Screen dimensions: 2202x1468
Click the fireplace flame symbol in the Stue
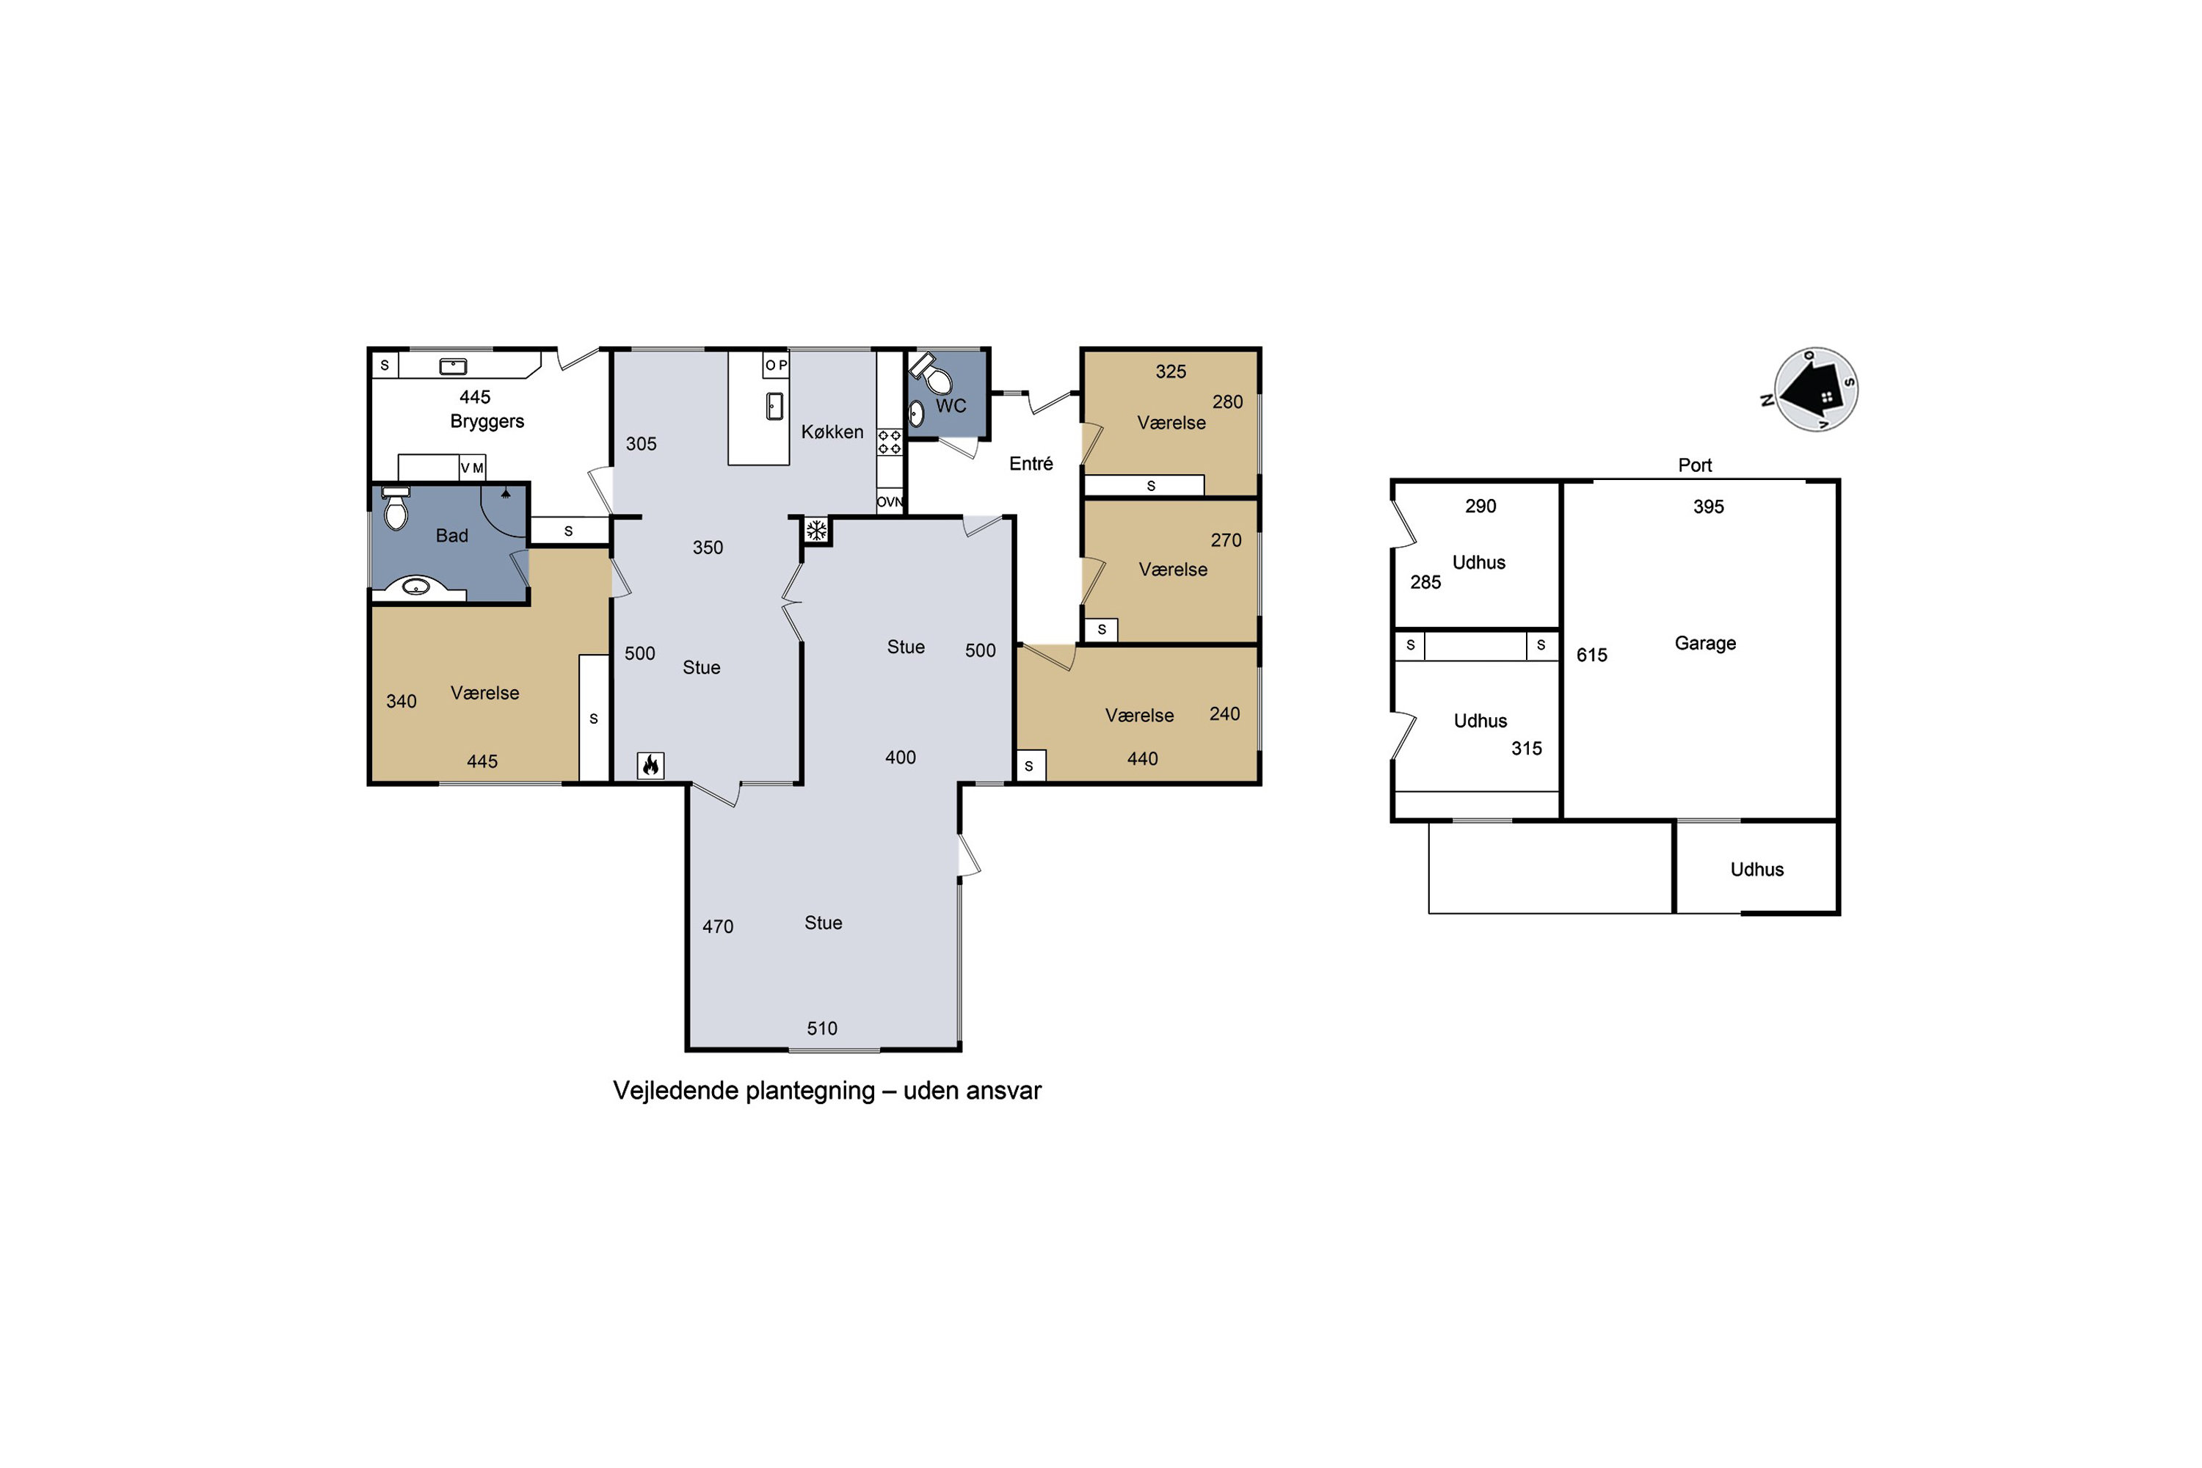pyautogui.click(x=650, y=766)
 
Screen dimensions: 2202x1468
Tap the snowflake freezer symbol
pyautogui.click(x=816, y=531)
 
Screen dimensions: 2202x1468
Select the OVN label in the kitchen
pyautogui.click(x=890, y=502)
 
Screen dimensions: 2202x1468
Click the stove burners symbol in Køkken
pyautogui.click(x=890, y=443)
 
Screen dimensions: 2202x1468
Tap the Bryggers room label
pyautogui.click(x=487, y=421)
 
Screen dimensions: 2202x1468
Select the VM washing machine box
pyautogui.click(x=472, y=467)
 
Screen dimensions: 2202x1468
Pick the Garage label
pyautogui.click(x=1705, y=643)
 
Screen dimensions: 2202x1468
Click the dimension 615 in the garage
pyautogui.click(x=1591, y=655)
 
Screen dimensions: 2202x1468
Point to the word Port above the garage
pyautogui.click(x=1695, y=465)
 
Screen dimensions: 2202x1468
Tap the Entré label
pyautogui.click(x=1031, y=463)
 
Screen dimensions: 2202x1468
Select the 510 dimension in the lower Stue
pyautogui.click(x=822, y=1028)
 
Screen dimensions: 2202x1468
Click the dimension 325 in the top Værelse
pyautogui.click(x=1170, y=371)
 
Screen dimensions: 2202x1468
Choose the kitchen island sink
pyautogui.click(x=774, y=407)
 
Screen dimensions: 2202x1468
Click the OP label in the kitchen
pyautogui.click(x=776, y=365)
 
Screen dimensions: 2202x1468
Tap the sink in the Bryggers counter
pyautogui.click(x=453, y=366)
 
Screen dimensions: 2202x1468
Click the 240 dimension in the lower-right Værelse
pyautogui.click(x=1224, y=714)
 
